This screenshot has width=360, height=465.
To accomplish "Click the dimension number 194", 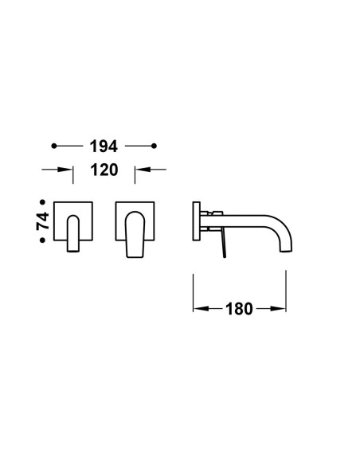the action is click(104, 147).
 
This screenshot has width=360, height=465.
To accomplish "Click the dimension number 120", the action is click(104, 170).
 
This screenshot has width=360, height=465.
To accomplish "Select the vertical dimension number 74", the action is click(43, 221).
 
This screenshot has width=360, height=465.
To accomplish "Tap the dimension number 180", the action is click(239, 309).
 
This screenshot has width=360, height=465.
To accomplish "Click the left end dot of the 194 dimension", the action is click(53, 146).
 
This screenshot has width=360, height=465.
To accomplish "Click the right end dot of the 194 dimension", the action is click(154, 146).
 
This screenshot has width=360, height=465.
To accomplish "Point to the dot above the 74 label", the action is click(43, 202).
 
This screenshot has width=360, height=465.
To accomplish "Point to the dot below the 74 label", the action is click(43, 240).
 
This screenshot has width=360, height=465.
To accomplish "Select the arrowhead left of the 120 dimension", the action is click(65, 170).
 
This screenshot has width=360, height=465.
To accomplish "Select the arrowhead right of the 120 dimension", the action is click(143, 170).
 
